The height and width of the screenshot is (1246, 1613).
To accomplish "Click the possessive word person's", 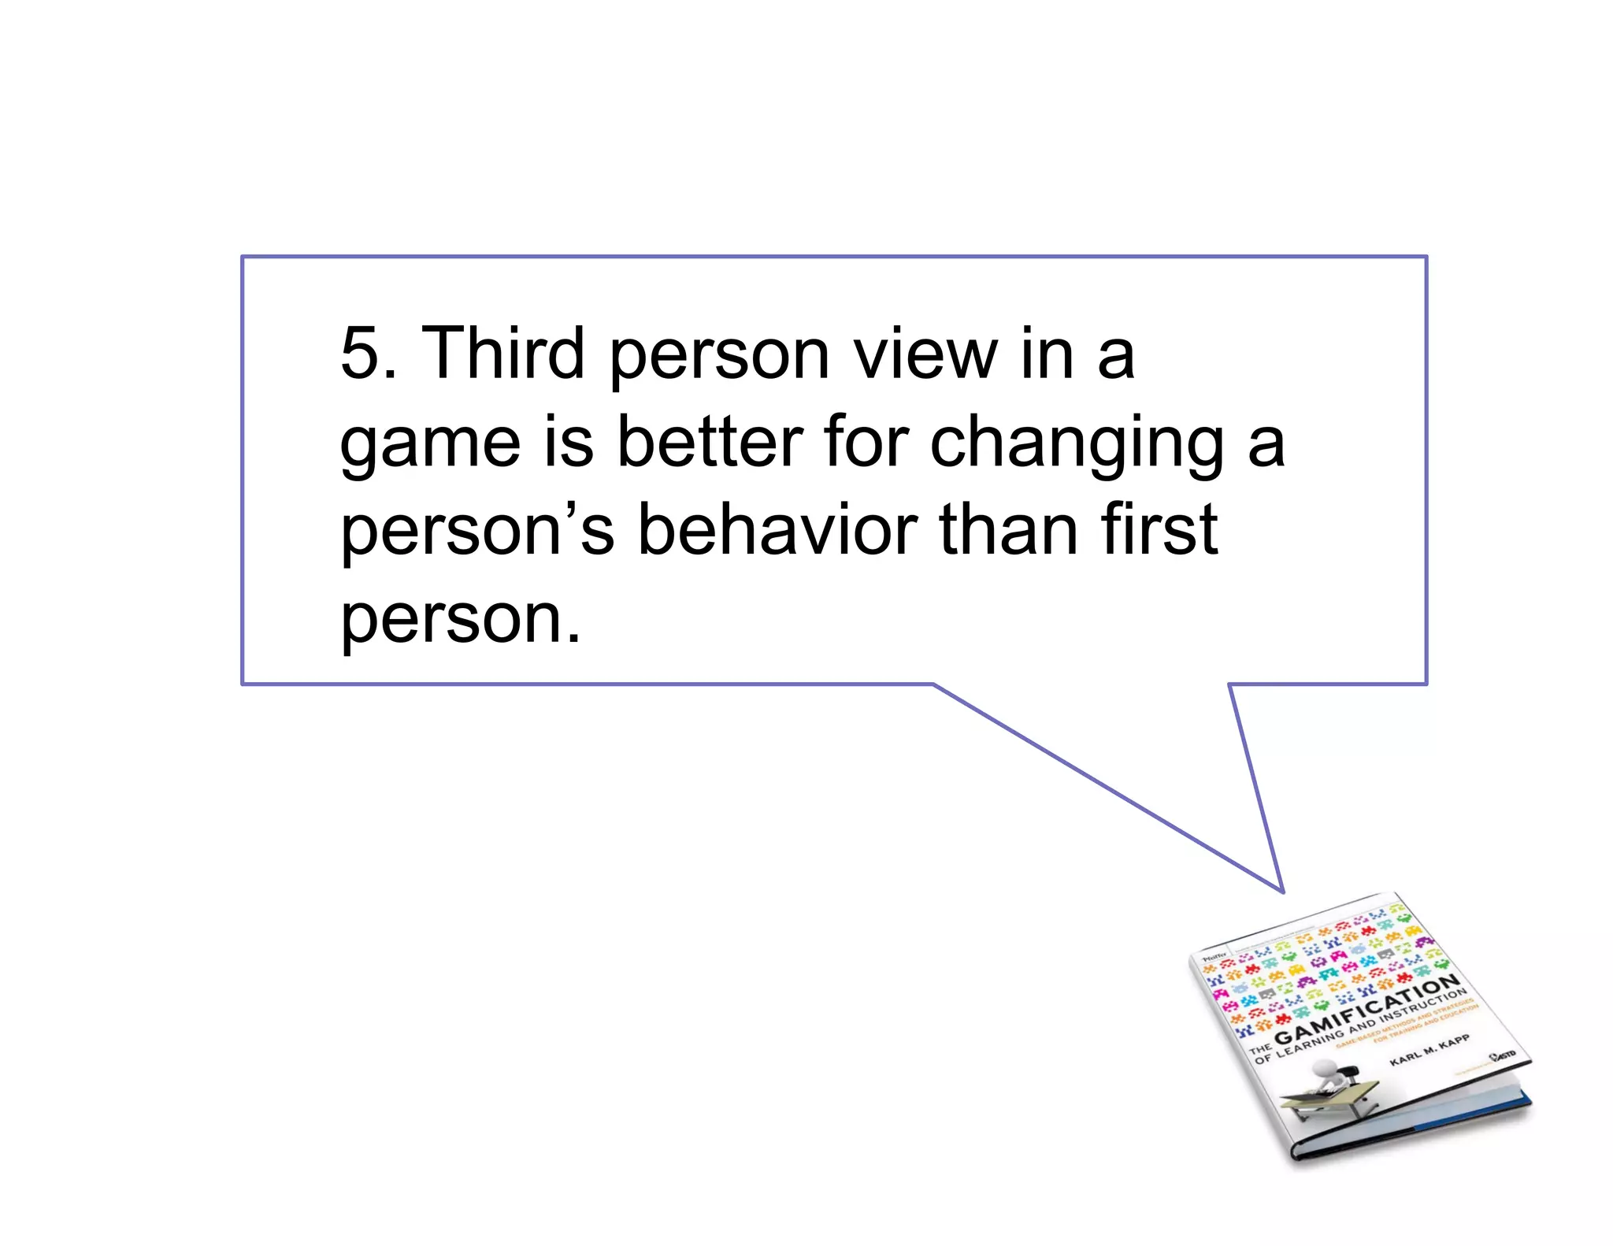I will pos(476,532).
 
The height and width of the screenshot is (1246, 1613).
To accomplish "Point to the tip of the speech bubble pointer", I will pos(1282,892).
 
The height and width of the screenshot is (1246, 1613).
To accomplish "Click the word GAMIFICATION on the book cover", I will pos(1367,1011).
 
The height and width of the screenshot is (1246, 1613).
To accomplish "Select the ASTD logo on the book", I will pos(1504,1055).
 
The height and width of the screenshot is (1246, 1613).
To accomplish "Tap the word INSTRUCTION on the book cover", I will pos(1424,1007).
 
